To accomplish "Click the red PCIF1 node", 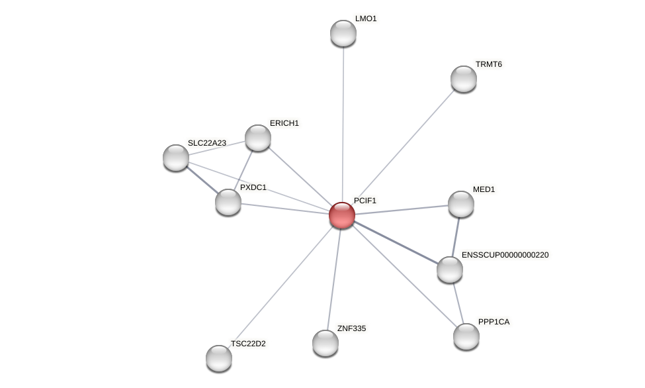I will click(342, 215).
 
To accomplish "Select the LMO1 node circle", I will click(343, 33).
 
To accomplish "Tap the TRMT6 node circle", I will click(464, 79).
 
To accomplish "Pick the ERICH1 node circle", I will click(258, 138).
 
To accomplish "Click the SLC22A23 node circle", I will click(176, 158).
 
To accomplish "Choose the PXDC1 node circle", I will click(228, 202).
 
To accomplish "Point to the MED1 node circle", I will click(461, 204).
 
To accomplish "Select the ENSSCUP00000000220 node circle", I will click(450, 269).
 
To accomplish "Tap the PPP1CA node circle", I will click(466, 336).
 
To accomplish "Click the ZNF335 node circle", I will click(325, 343).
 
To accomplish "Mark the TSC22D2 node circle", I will click(219, 358).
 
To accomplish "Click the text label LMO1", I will click(366, 19).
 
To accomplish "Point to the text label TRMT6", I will click(489, 64).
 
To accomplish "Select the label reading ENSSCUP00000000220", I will click(505, 255).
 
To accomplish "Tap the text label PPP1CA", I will click(494, 322).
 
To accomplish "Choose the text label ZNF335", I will click(351, 328).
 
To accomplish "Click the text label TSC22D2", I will click(248, 344).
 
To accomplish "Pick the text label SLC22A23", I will click(207, 143).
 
